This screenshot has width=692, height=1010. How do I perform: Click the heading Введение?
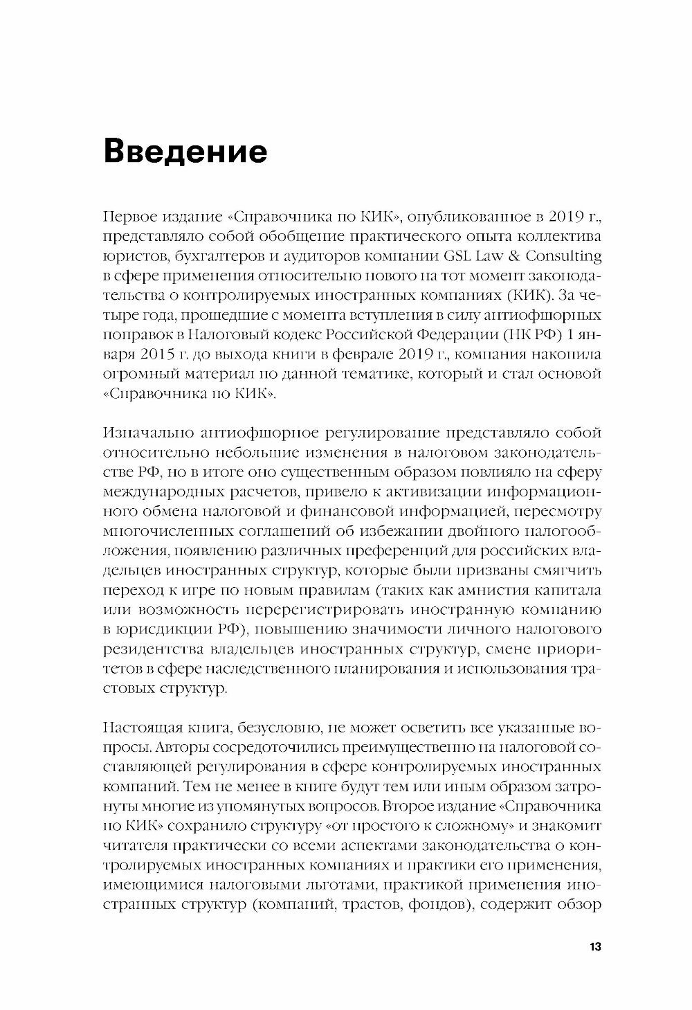(x=184, y=151)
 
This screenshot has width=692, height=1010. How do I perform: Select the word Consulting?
(x=564, y=255)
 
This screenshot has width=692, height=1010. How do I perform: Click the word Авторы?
(x=181, y=748)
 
